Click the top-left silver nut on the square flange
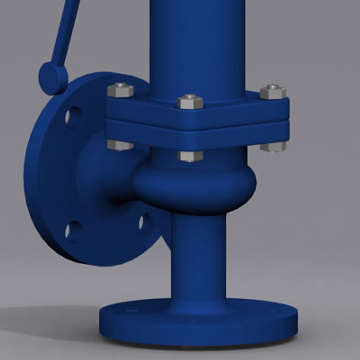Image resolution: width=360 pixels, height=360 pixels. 120,90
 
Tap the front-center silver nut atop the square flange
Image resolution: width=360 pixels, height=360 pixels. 190,101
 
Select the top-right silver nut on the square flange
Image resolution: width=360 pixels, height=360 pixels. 273,92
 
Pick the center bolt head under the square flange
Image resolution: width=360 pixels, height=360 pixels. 190,156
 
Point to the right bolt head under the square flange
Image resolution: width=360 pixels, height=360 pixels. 273,146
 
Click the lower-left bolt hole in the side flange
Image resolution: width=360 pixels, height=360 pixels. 69,230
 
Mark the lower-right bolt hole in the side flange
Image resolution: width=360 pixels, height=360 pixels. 142,222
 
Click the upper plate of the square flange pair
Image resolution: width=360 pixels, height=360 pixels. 200,113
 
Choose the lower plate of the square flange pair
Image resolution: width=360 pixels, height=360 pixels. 200,137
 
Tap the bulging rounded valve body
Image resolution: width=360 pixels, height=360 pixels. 197,187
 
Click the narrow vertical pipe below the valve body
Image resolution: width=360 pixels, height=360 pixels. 199,257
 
